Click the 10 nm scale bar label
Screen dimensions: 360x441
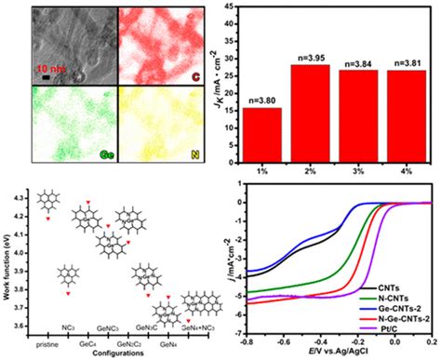coord(51,68)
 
